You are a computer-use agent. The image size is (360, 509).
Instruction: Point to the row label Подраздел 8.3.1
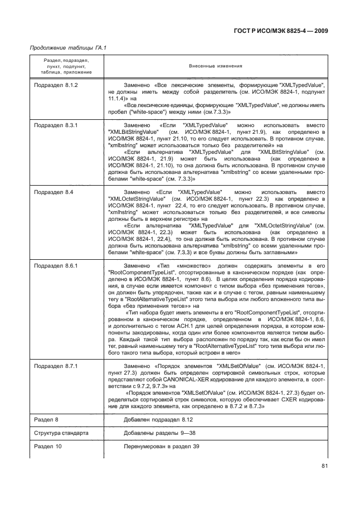tap(56, 127)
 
